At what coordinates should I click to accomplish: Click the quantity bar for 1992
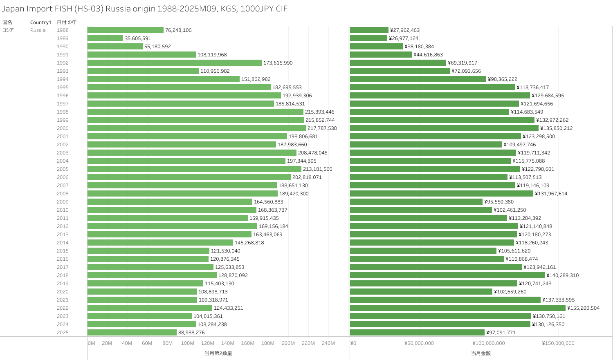click(175, 63)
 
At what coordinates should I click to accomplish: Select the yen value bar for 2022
click(458, 308)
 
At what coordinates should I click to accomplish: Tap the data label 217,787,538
click(322, 128)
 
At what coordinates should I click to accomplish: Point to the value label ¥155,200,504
click(584, 308)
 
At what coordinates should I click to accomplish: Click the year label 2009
click(63, 202)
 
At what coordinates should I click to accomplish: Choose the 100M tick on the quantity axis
click(188, 343)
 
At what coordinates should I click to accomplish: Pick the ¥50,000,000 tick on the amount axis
click(419, 343)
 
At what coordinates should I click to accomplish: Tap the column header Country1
click(41, 22)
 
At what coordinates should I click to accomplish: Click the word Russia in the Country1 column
click(38, 30)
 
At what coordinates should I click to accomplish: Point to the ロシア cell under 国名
click(8, 30)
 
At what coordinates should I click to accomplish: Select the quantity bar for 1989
click(105, 38)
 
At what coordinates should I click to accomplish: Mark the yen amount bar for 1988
click(369, 30)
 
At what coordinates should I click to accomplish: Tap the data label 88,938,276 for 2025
click(191, 333)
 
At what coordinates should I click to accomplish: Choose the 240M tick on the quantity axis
click(328, 343)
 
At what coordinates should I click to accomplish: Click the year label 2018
click(63, 275)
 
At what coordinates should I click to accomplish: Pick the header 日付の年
click(67, 22)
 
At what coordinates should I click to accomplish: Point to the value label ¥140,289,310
click(563, 275)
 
